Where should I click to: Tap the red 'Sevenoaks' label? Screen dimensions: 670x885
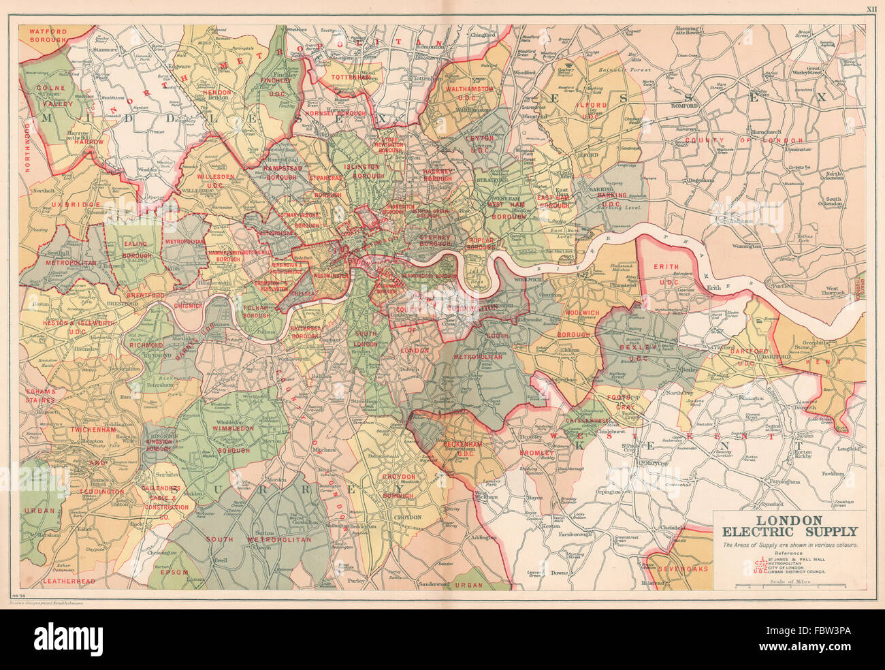686,568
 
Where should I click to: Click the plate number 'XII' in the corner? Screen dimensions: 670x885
871,9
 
